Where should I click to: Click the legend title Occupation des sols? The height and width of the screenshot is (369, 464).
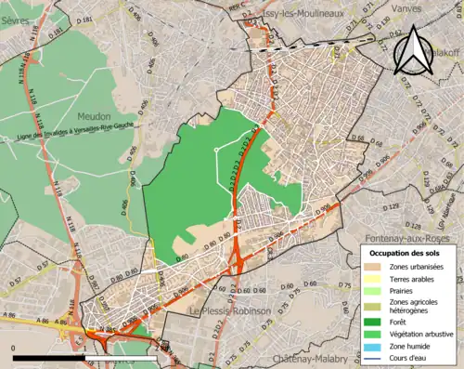[406, 253]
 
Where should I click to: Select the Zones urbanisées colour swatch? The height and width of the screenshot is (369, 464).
[371, 267]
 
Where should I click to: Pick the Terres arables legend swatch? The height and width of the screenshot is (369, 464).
[371, 279]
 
